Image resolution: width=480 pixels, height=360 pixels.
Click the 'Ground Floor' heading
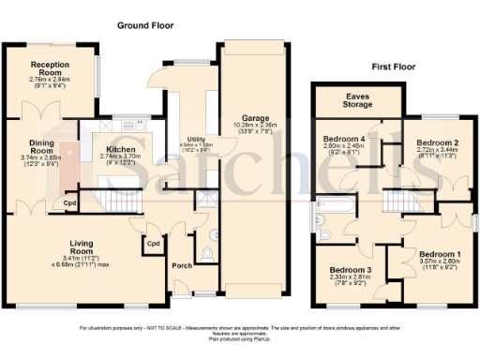142,25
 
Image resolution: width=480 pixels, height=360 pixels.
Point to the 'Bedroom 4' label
343,137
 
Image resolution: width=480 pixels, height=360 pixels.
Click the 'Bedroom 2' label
437,142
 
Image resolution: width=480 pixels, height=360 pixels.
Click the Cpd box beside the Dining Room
69,202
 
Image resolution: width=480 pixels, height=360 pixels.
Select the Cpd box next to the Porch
152,246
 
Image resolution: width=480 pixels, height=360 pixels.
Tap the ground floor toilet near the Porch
207,251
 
